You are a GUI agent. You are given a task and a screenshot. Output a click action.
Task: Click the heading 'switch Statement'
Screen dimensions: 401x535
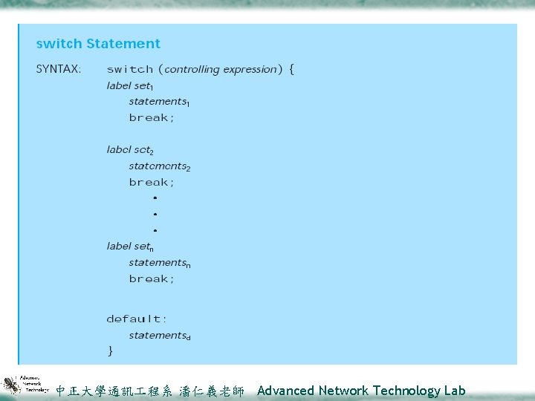pos(98,44)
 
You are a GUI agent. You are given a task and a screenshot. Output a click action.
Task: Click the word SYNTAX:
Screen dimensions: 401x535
pos(59,69)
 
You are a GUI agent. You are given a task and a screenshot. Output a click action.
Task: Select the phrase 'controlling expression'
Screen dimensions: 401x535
pos(220,69)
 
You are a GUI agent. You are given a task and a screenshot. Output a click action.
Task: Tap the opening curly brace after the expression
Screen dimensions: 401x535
pos(291,69)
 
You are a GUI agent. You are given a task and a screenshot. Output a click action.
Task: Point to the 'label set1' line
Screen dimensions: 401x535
pos(130,86)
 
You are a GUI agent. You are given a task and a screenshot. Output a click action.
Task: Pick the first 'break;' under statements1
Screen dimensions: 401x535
pos(152,118)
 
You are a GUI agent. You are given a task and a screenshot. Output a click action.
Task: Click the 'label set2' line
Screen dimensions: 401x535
pos(130,150)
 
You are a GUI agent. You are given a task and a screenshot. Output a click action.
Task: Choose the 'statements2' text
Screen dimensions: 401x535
pos(159,166)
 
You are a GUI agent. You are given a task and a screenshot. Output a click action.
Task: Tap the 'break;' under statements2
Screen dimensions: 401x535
pos(152,183)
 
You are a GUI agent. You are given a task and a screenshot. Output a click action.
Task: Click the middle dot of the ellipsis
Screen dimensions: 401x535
pos(155,214)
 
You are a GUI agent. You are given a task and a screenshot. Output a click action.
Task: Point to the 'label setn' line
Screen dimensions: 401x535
pos(130,247)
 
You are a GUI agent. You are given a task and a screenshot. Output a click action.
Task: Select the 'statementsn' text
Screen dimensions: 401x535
pos(159,263)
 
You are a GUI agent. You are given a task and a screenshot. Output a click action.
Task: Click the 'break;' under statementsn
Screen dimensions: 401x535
pos(152,279)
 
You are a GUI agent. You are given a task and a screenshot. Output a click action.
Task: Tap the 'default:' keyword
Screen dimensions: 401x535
pos(137,319)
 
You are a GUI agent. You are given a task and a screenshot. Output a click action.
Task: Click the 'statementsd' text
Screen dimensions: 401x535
pos(159,336)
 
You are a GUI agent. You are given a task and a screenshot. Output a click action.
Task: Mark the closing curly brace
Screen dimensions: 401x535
pos(111,351)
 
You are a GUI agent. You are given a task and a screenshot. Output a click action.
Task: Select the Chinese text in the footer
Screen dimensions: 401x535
pos(150,391)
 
